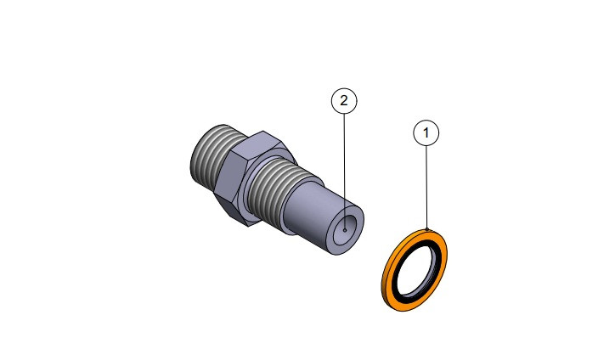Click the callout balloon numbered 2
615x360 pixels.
click(343, 101)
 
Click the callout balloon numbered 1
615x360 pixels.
click(426, 132)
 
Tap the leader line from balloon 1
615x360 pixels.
click(426, 187)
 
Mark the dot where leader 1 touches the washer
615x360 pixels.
click(427, 229)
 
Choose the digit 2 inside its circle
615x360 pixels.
click(343, 101)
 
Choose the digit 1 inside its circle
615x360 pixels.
click(426, 132)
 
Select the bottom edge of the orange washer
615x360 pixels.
click(399, 302)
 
